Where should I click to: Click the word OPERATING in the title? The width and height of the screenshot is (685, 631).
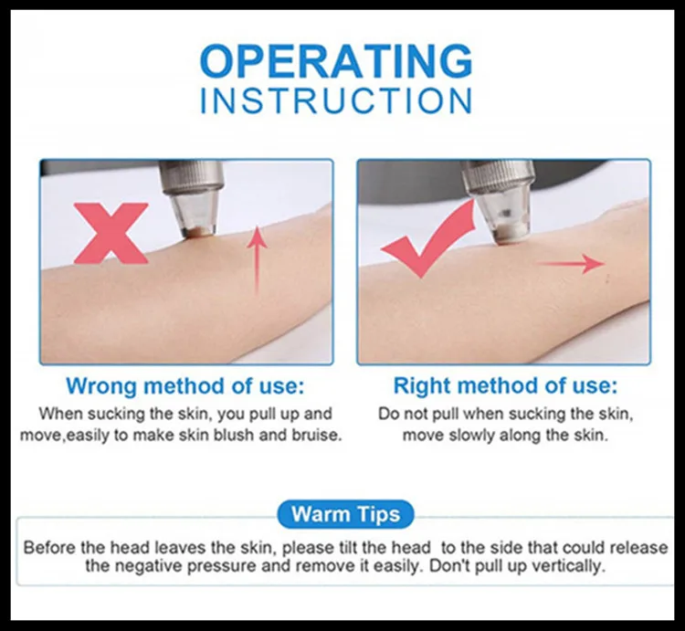click(336, 60)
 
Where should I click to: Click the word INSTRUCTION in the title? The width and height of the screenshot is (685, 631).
click(336, 100)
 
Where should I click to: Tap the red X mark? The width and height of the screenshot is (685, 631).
click(111, 233)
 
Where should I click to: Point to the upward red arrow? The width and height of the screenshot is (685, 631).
click(257, 261)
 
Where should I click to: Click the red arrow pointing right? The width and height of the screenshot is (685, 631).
click(571, 263)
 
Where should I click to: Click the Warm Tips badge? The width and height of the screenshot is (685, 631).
click(345, 514)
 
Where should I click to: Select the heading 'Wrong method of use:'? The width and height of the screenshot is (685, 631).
click(185, 385)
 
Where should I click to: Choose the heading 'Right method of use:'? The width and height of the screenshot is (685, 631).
click(505, 385)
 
